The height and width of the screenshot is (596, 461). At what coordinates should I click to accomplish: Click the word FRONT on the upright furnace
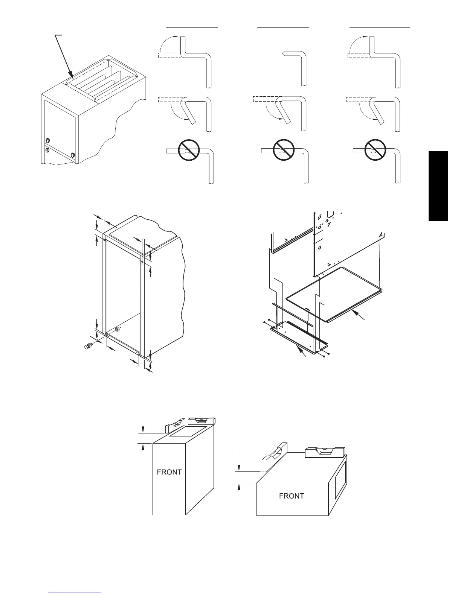pos(169,472)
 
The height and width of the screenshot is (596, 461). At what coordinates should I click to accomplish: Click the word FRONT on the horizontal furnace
pos(292,496)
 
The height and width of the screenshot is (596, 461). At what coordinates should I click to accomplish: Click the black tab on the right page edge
pos(438,186)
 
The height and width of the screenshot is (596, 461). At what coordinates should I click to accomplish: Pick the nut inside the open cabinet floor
pos(117,330)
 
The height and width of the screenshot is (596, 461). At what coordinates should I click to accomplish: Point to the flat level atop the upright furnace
pos(201,421)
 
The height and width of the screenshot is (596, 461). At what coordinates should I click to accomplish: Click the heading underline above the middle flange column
pos(283,27)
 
